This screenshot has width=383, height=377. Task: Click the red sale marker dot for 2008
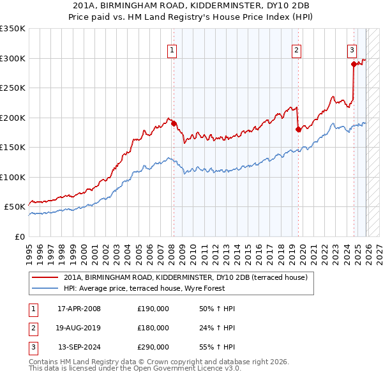pos(174,123)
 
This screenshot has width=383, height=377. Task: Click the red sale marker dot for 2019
pos(298,129)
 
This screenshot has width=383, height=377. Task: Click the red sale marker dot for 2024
pos(353,64)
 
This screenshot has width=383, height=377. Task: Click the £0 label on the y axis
pos(19,236)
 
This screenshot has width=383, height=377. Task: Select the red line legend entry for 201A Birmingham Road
pos(186,277)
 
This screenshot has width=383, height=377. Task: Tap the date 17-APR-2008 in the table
pos(79,309)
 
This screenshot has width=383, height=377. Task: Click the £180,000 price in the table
pos(153,328)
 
